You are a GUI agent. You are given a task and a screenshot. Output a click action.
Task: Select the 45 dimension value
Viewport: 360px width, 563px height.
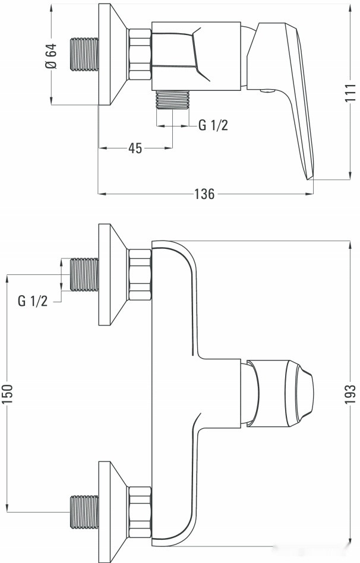[135, 148]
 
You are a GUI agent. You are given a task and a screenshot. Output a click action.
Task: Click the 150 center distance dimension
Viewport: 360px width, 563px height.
[7, 393]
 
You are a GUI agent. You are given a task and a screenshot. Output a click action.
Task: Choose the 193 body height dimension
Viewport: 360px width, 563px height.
[350, 393]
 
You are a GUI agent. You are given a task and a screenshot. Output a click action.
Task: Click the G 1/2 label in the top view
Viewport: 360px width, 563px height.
[213, 125]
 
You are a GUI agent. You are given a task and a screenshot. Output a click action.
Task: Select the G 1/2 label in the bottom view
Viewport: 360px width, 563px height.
[33, 301]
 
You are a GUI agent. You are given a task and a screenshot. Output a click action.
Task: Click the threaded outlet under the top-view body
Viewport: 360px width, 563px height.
[172, 100]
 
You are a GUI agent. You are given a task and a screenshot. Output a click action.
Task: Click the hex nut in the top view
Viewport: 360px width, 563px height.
[140, 55]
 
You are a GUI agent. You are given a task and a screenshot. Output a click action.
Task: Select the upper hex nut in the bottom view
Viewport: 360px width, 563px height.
[140, 274]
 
